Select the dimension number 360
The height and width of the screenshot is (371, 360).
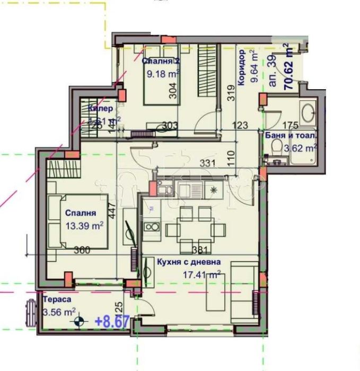pos(82,250)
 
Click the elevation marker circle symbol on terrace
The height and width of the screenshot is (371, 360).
pos(80,321)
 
